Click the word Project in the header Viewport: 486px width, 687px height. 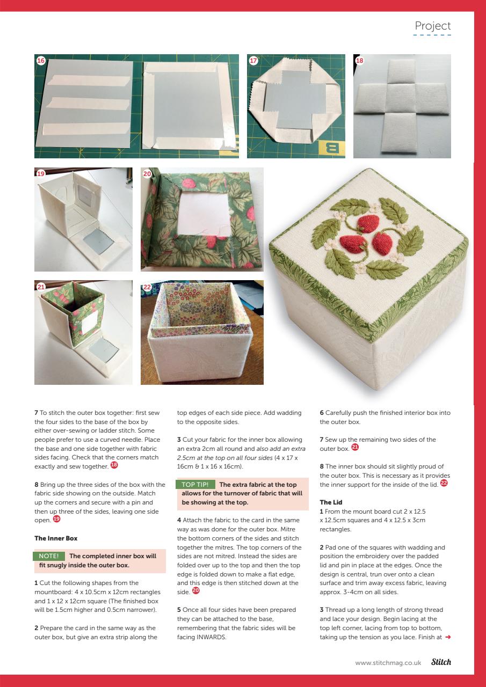pyautogui.click(x=432, y=26)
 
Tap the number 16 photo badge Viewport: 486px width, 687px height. pyautogui.click(x=40, y=61)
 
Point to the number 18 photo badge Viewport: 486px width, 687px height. pyautogui.click(x=359, y=61)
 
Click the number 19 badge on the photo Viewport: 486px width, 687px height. pyautogui.click(x=40, y=173)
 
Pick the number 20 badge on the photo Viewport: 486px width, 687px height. pyautogui.click(x=147, y=173)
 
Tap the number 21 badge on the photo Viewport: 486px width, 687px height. pyautogui.click(x=40, y=287)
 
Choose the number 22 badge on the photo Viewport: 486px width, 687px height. pyautogui.click(x=147, y=287)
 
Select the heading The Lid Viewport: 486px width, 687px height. pyautogui.click(x=331, y=502)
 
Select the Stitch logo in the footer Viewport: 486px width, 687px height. pyautogui.click(x=441, y=662)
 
